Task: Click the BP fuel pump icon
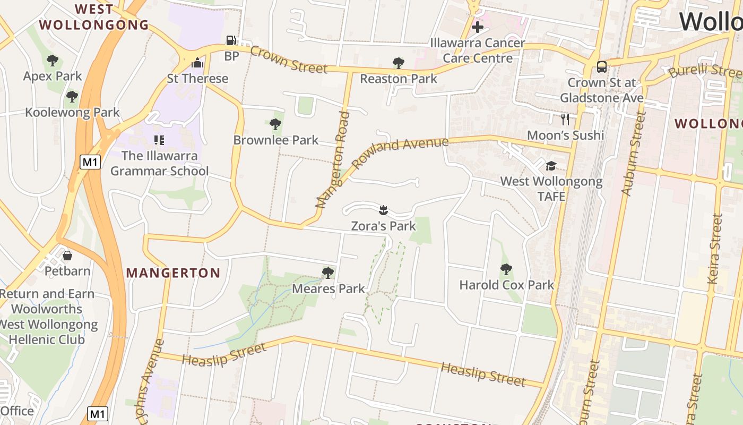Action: point(231,40)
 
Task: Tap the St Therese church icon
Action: point(197,63)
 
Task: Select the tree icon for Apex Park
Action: point(52,61)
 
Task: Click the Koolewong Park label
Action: point(73,113)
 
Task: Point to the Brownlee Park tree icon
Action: point(275,124)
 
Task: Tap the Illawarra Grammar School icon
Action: point(159,140)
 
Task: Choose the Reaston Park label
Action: point(398,79)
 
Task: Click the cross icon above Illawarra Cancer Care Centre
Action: point(477,27)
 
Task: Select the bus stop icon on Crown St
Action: point(601,67)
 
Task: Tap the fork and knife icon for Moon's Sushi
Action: point(565,119)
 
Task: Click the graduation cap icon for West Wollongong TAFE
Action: point(551,166)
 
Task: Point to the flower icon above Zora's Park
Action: point(383,210)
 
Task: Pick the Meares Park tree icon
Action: point(328,273)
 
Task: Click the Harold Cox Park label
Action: point(506,285)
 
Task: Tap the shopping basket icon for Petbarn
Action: point(67,256)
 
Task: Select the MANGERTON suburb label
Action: point(173,273)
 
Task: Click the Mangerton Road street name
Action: point(333,159)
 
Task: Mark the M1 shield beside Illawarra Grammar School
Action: point(90,162)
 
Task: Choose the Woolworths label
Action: point(47,309)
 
